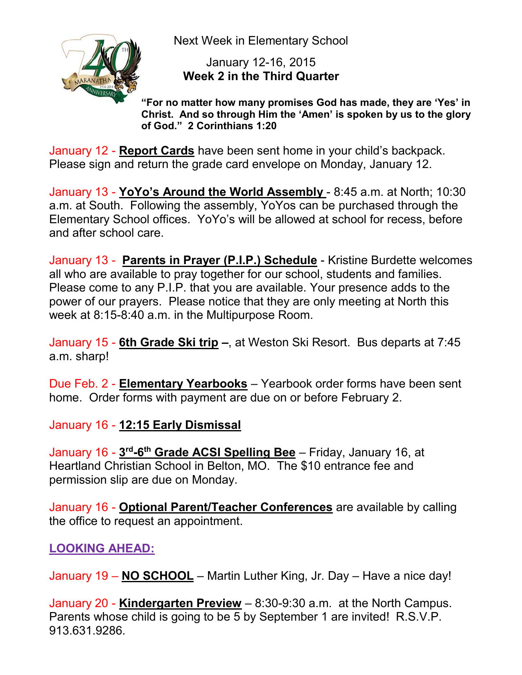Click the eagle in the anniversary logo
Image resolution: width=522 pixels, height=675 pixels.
pyautogui.click(x=128, y=70)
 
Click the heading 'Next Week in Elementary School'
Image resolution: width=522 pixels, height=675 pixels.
pyautogui.click(x=261, y=41)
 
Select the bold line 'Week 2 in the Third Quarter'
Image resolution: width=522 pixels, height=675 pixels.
pyautogui.click(x=261, y=76)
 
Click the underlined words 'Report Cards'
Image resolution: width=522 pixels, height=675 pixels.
pyautogui.click(x=156, y=151)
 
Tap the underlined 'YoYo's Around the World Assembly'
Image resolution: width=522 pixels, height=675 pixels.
pyautogui.click(x=221, y=192)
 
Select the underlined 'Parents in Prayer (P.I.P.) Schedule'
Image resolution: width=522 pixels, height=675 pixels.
pyautogui.click(x=219, y=260)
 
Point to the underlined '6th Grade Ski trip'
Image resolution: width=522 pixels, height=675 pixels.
pyautogui.click(x=168, y=343)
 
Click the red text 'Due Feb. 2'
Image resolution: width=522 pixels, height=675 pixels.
pyautogui.click(x=79, y=384)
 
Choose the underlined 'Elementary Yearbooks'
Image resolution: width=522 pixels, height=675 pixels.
pyautogui.click(x=183, y=384)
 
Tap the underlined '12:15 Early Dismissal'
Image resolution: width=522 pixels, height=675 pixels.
pyautogui.click(x=180, y=425)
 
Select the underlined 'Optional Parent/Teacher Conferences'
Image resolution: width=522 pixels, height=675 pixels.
pyautogui.click(x=226, y=507)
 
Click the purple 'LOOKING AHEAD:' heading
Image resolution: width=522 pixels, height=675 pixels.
pyautogui.click(x=102, y=549)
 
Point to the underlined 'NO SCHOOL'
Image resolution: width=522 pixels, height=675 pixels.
pyautogui.click(x=158, y=576)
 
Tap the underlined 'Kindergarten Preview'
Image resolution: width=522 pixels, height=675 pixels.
pyautogui.click(x=180, y=603)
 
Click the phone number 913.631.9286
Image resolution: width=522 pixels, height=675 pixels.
pyautogui.click(x=86, y=631)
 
